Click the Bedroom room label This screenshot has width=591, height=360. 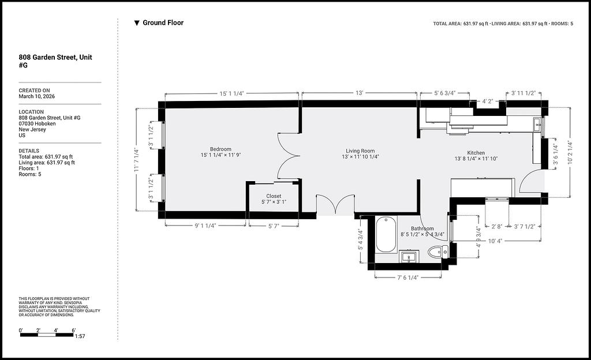220,149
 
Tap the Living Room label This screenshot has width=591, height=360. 360,151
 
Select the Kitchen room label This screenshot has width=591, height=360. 476,153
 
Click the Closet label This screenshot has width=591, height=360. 274,196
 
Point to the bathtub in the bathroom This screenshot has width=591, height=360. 386,235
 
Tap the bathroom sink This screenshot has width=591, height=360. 409,257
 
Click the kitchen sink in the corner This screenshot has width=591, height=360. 537,125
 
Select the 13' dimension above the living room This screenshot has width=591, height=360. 359,93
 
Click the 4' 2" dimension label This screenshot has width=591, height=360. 487,102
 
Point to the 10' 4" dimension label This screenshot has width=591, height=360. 495,241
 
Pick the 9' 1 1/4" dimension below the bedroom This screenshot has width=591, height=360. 205,226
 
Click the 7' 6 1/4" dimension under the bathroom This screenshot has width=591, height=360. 408,278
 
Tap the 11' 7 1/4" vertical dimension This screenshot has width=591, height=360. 136,160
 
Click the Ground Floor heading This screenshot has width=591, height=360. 163,22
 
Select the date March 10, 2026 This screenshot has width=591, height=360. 36,96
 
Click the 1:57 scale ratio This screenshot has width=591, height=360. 80,336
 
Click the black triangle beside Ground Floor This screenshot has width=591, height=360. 137,23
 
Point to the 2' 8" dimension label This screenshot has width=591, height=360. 497,227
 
